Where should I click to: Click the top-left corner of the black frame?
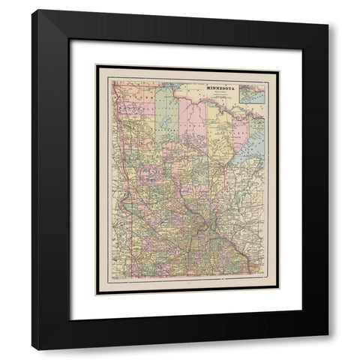32,10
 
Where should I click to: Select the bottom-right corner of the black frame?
328,349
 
